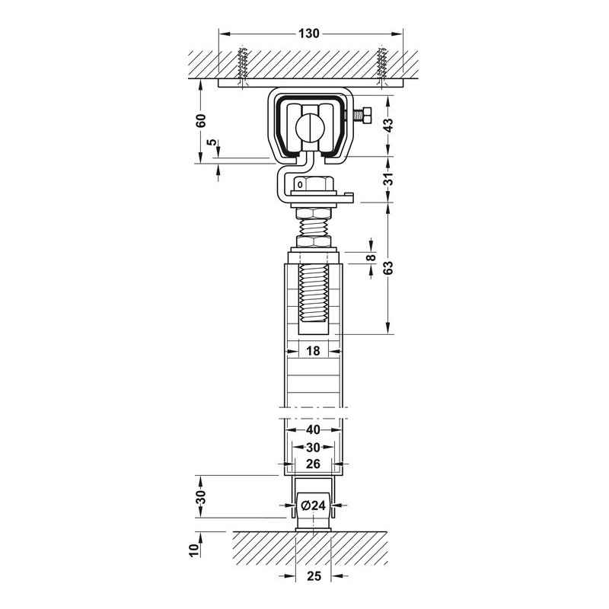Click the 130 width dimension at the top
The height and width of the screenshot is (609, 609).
pos(309,33)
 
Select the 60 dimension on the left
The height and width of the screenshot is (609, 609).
pos(201,121)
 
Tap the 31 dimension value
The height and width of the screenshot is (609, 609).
pos(388,178)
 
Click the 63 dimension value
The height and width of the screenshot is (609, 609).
pos(388,268)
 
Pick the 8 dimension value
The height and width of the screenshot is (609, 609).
pos(371,257)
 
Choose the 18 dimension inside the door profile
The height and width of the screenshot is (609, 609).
pos(313,351)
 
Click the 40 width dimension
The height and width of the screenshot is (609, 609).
pos(313,429)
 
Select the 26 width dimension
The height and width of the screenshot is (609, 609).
pos(313,464)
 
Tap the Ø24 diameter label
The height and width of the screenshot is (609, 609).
pos(313,505)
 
